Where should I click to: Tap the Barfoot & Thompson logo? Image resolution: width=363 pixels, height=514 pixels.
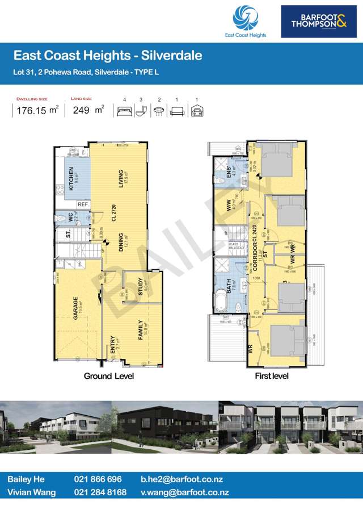pos(319,22)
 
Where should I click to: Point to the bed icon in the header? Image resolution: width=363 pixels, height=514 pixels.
pos(124,112)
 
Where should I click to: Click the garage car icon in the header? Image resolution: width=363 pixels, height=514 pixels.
pos(197,112)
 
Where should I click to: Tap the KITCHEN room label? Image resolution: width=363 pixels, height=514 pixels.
pos(71,179)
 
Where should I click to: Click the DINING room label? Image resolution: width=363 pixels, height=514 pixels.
pos(121,243)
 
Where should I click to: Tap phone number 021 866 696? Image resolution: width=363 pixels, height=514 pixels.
pos(98,479)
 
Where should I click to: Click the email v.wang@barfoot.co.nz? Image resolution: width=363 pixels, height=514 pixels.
pos(184,492)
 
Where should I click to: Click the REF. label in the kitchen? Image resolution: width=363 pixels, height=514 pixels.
pos(83,204)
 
